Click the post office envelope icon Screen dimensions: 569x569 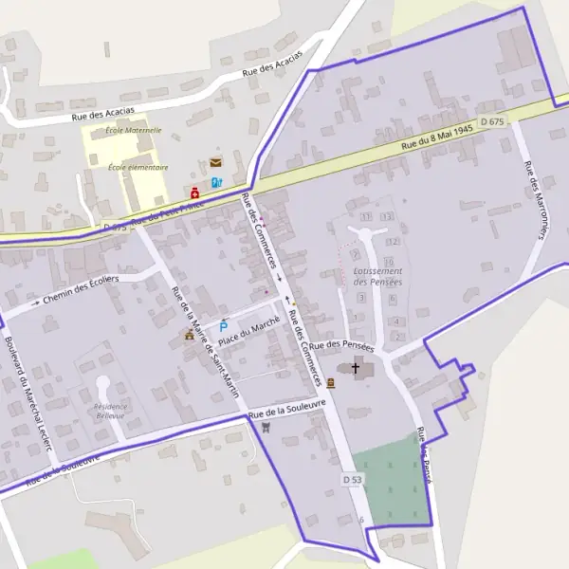[216, 163]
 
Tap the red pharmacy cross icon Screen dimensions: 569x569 [195, 193]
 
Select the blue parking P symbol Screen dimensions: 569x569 [224, 325]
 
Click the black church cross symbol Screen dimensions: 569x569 [356, 367]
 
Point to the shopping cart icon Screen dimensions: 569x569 [266, 427]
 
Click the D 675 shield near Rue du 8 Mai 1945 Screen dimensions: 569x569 [492, 121]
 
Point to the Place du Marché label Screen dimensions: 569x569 [249, 332]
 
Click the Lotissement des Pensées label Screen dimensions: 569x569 [377, 276]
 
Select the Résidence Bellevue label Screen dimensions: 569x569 [110, 411]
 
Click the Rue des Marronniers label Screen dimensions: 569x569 [532, 200]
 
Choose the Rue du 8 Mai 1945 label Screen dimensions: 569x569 [436, 138]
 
